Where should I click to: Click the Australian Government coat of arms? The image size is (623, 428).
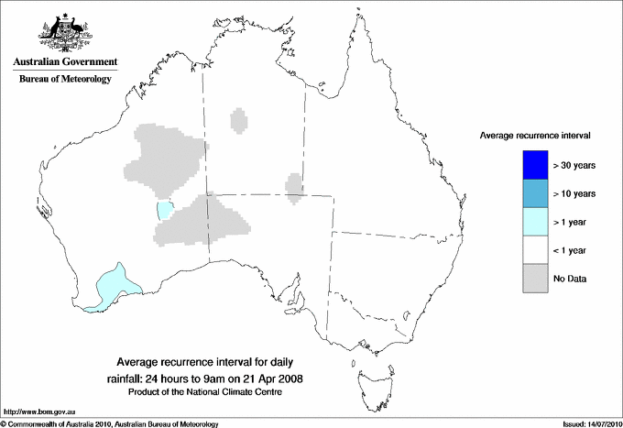point(64,31)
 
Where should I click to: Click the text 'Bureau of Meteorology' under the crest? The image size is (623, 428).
point(65,79)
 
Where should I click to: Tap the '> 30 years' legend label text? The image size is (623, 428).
point(574,165)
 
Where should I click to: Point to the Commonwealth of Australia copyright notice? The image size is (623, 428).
point(110,423)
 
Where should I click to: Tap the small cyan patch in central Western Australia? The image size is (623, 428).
point(165,211)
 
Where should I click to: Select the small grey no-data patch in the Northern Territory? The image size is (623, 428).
point(239,120)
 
